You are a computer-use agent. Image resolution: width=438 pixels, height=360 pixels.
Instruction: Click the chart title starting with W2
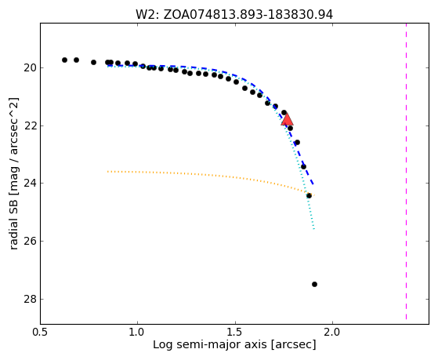click(234, 15)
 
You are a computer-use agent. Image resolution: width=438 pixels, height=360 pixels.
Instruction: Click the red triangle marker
click(287, 120)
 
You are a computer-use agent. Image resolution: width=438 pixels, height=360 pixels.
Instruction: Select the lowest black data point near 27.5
click(314, 284)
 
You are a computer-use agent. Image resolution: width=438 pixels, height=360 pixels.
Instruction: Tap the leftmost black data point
click(64, 60)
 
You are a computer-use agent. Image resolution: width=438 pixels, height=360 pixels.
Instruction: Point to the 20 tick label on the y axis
click(30, 68)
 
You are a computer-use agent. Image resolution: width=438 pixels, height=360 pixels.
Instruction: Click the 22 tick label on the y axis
click(30, 125)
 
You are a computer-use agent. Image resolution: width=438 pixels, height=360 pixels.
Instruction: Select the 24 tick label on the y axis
click(30, 184)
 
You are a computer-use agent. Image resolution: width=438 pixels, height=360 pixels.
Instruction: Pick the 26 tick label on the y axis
click(30, 241)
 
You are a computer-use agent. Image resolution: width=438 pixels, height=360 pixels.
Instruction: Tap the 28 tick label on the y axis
click(30, 299)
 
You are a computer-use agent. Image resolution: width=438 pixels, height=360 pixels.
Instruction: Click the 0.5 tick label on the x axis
click(41, 333)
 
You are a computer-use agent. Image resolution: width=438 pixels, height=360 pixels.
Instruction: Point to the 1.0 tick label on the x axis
click(138, 333)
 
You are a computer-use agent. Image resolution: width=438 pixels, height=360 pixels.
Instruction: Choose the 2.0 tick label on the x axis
click(333, 333)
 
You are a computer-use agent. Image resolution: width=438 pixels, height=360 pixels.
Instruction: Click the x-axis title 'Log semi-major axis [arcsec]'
click(234, 344)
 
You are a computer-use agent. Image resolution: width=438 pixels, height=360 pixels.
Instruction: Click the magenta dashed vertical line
click(406, 171)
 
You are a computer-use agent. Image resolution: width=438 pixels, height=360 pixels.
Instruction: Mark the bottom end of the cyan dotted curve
click(314, 229)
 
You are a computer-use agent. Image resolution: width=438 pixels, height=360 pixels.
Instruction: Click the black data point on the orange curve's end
click(309, 195)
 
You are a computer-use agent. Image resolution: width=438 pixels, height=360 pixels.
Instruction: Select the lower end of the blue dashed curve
click(313, 184)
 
